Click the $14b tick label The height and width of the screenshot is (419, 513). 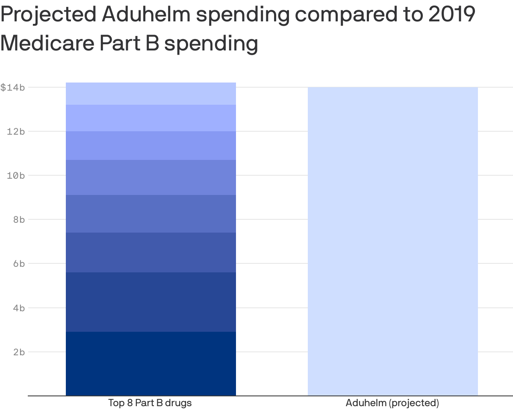[x=12, y=88]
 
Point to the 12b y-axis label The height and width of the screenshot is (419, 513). [x=16, y=132]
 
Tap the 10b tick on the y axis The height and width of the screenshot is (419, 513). [x=16, y=176]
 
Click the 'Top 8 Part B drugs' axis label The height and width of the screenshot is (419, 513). [x=150, y=403]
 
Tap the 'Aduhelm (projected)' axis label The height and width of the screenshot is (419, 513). [x=392, y=403]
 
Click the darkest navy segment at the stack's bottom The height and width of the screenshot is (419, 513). [x=150, y=363]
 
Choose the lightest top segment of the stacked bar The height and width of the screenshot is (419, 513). [x=150, y=94]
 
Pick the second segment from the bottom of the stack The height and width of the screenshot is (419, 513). [x=150, y=302]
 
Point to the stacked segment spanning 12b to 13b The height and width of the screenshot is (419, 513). [x=150, y=118]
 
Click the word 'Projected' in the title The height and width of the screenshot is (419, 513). [x=48, y=15]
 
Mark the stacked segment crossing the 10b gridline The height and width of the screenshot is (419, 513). [x=150, y=177]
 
